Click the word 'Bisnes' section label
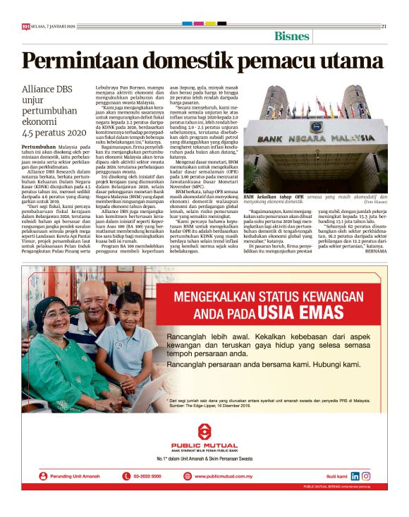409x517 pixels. [292, 36]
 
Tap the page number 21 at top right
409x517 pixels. [384, 26]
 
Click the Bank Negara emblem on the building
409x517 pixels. [316, 127]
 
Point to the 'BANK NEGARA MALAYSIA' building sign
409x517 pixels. [315, 139]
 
